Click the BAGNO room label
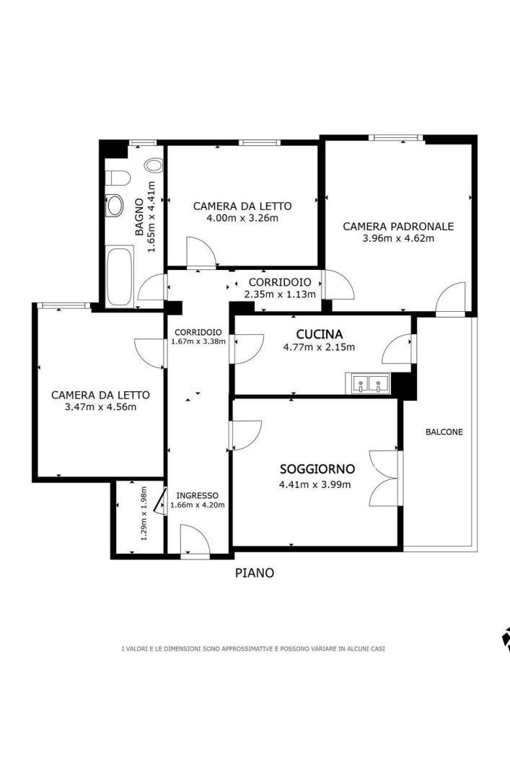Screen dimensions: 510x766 point(139,217)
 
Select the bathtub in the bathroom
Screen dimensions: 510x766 point(120,277)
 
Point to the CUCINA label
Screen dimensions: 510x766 point(320,334)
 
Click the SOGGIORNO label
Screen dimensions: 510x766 point(317,469)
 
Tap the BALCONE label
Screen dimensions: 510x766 point(444,432)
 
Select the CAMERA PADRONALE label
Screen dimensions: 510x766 point(398,226)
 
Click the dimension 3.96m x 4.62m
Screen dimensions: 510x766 point(398,238)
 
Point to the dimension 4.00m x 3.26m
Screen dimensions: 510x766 point(242,218)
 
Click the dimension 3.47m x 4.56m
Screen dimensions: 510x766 point(100,406)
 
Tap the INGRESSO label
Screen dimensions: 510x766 point(197,495)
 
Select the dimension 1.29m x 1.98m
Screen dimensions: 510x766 point(144,513)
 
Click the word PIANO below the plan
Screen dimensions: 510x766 point(255,573)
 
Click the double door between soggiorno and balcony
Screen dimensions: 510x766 point(385,477)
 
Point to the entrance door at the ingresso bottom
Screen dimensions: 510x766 point(195,539)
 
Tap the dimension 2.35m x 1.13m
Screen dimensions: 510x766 point(280,294)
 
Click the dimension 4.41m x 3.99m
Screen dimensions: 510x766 point(315,484)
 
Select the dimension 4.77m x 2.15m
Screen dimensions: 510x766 point(319,347)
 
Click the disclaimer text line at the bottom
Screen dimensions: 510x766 point(253,649)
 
